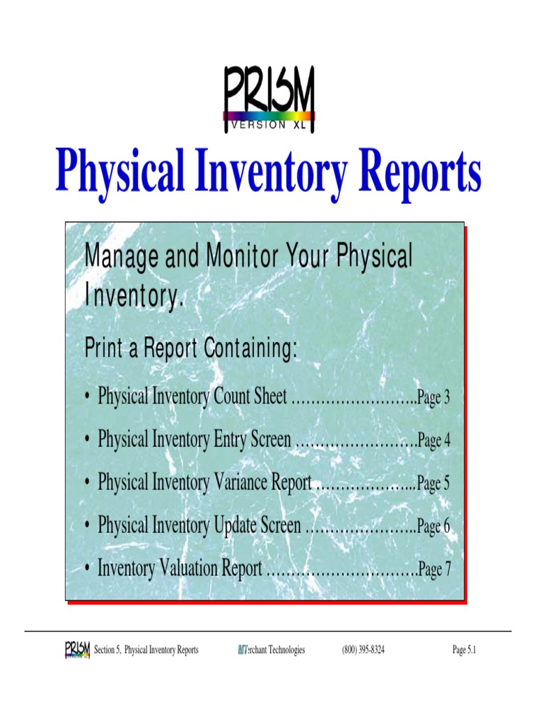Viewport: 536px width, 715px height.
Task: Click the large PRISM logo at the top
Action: [x=269, y=99]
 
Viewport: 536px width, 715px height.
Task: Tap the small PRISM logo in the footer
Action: [x=77, y=650]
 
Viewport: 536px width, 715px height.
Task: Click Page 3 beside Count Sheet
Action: [x=433, y=399]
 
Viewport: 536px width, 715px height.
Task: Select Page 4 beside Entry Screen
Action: [x=433, y=441]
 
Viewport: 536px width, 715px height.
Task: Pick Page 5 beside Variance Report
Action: [x=433, y=484]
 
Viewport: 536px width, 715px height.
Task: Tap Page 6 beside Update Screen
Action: [x=433, y=526]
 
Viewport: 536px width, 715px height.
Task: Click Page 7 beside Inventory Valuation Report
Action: [x=434, y=570]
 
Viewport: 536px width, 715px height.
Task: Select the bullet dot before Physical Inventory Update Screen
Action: [x=85, y=526]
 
